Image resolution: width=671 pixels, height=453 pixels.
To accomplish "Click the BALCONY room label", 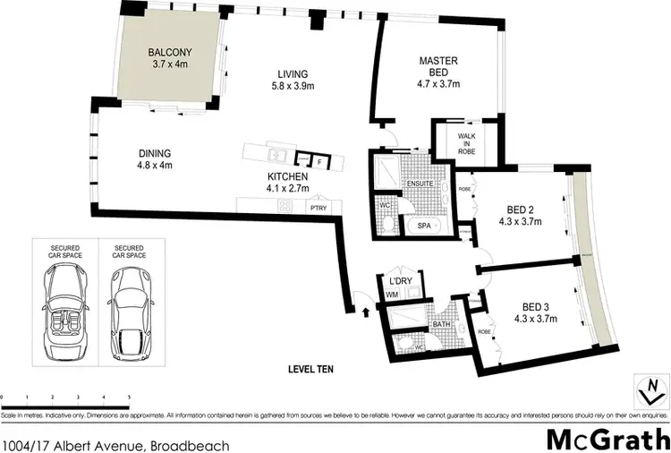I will point(169,58).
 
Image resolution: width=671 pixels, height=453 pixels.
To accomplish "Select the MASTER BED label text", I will point(438,67).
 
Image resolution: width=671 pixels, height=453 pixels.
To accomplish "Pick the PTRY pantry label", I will point(318,207).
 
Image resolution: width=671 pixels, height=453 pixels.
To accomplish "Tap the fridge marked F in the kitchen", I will point(319,161).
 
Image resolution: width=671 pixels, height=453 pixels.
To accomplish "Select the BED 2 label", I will point(519,216).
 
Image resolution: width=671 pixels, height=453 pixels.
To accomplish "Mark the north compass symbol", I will point(652,388).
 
